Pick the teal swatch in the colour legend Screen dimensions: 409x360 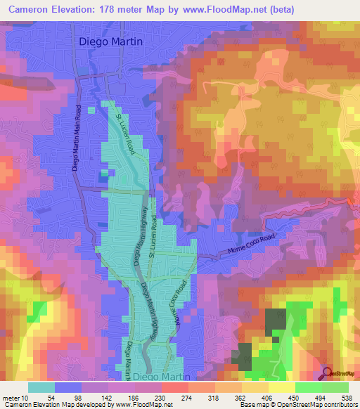point(41,388)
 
